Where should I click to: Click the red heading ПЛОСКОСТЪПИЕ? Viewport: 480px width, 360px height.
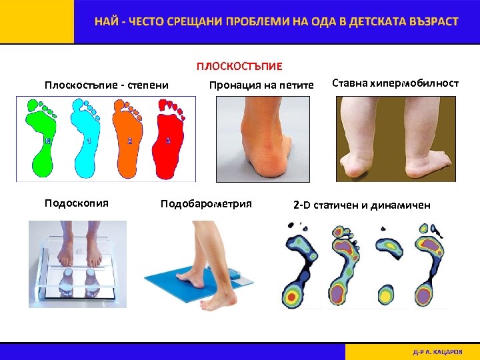pyautogui.click(x=239, y=67)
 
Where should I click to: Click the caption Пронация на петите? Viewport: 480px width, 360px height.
pyautogui.click(x=261, y=85)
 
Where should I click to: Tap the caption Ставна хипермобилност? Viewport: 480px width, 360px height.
pyautogui.click(x=395, y=83)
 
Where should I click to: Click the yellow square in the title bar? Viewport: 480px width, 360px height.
pyautogui.click(x=37, y=21)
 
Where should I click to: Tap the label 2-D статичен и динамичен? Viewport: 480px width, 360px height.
pyautogui.click(x=362, y=205)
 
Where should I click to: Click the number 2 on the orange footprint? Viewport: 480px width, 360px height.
pyautogui.click(x=130, y=141)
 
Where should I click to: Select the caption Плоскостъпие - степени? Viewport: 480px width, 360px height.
pyautogui.click(x=106, y=85)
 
